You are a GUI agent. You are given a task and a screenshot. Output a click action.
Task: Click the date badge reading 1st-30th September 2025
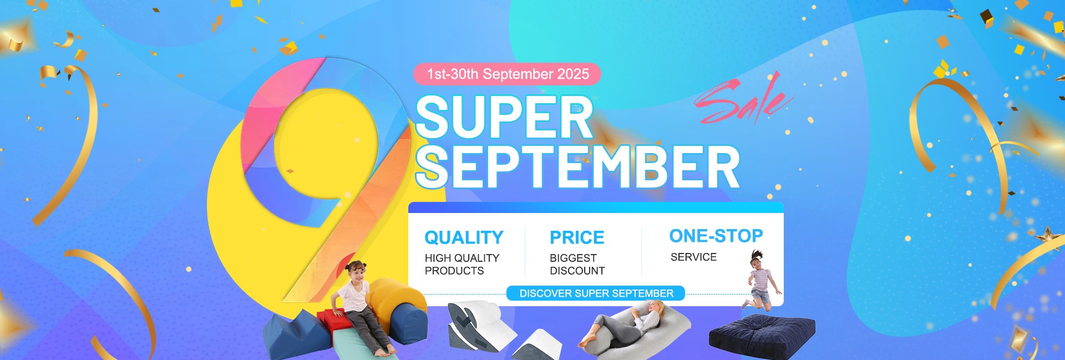point(507,74)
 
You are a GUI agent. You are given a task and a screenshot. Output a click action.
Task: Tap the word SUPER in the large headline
point(504,117)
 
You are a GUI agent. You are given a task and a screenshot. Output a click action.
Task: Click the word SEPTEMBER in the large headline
point(577,167)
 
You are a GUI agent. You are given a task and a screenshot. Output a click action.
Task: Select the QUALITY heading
point(464,237)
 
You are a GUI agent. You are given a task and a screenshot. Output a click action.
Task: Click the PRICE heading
point(577,237)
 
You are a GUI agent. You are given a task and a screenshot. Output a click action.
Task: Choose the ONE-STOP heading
point(716,236)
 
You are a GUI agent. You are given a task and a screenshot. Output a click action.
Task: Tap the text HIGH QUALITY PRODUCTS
point(462,264)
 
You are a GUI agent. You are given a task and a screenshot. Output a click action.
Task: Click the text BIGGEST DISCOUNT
point(577,264)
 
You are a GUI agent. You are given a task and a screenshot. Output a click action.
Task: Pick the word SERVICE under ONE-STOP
point(693,257)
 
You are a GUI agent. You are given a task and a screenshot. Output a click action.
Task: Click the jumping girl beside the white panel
point(761,280)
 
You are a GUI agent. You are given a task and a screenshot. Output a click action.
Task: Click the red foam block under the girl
point(333,322)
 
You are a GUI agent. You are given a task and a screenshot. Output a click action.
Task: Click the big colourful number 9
point(327,178)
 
